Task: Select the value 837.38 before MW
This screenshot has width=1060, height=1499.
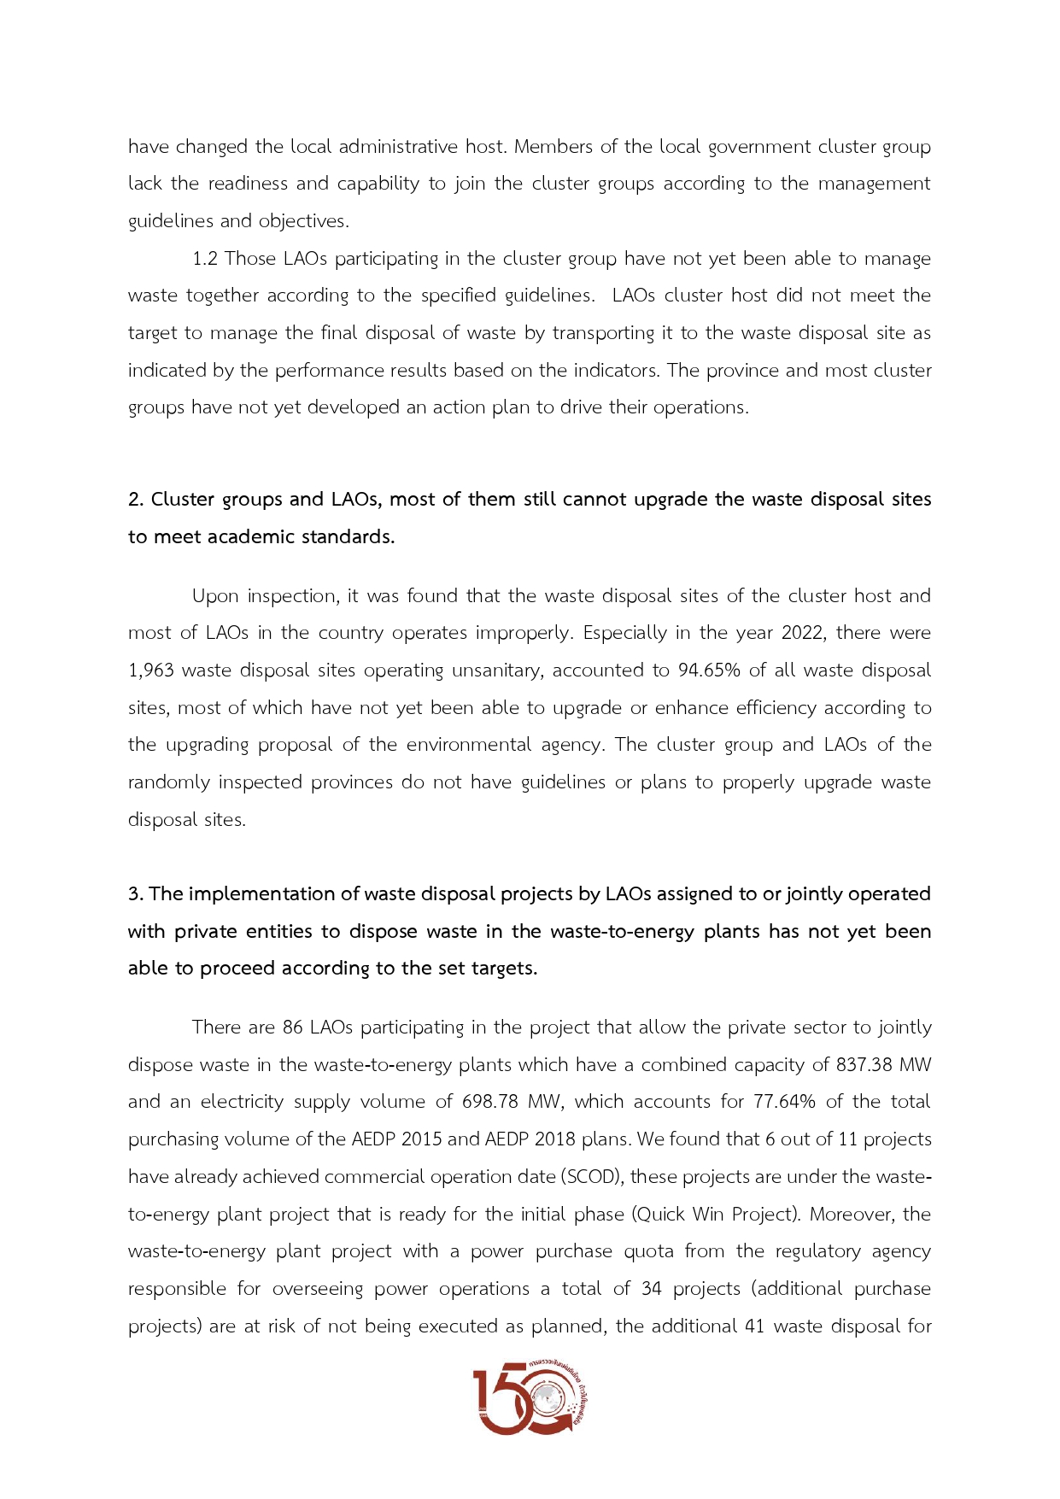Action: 866,1065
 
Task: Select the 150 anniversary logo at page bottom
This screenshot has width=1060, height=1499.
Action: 530,1398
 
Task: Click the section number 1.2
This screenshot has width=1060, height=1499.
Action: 205,259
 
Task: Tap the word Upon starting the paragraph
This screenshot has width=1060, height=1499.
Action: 215,596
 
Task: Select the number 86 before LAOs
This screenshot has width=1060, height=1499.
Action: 293,1028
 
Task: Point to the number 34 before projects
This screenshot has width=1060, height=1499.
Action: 652,1289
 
